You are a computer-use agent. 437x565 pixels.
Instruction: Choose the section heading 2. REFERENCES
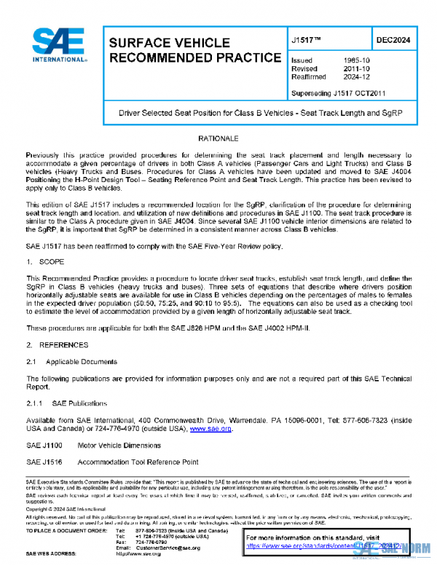pyautogui.click(x=56, y=342)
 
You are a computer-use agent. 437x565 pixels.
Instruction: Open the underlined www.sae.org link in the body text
pyautogui.click(x=210, y=430)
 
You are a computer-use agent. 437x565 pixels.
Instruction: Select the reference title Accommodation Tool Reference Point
pyautogui.click(x=138, y=462)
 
